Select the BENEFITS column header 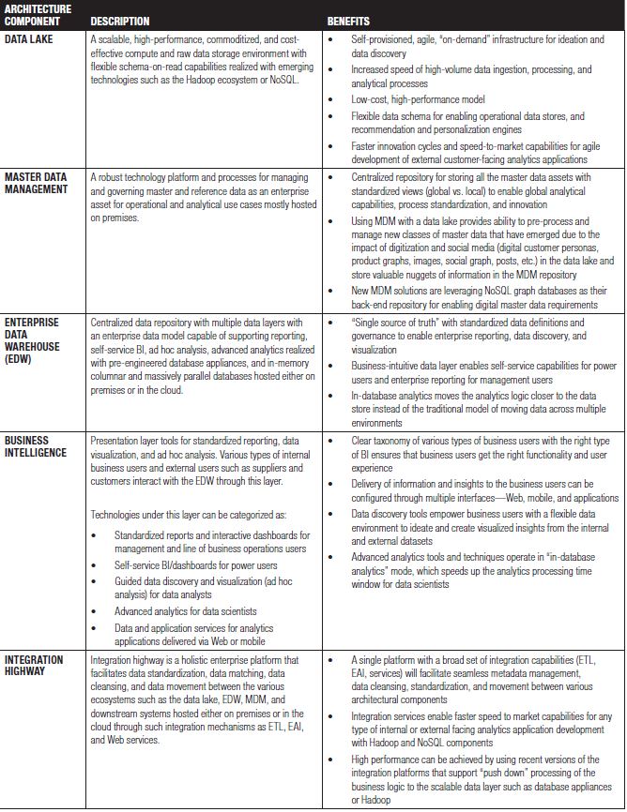pyautogui.click(x=348, y=21)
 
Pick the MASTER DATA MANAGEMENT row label pyautogui.click(x=37, y=182)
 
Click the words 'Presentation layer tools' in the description pyautogui.click(x=137, y=440)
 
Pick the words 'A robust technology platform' pyautogui.click(x=149, y=176)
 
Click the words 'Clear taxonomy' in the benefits pyautogui.click(x=380, y=440)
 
